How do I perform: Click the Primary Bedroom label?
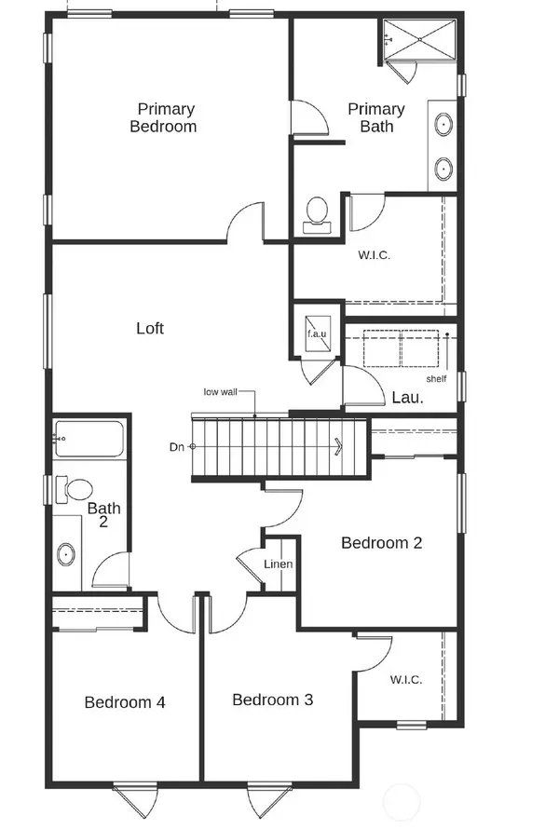pyautogui.click(x=163, y=117)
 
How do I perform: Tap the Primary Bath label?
pyautogui.click(x=376, y=117)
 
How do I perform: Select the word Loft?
pyautogui.click(x=150, y=328)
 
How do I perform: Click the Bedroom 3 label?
pyautogui.click(x=272, y=700)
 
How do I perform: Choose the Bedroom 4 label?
pyautogui.click(x=125, y=702)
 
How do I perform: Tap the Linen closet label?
pyautogui.click(x=279, y=564)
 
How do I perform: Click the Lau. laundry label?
pyautogui.click(x=407, y=397)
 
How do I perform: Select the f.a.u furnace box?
pyautogui.click(x=317, y=332)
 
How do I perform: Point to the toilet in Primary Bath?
pyautogui.click(x=317, y=213)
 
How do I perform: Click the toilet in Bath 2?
pyautogui.click(x=75, y=488)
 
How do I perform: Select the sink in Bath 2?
pyautogui.click(x=67, y=555)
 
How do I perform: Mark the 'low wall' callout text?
pyautogui.click(x=220, y=392)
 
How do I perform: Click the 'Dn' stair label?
pyautogui.click(x=176, y=447)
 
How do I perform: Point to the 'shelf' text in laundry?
pyautogui.click(x=436, y=379)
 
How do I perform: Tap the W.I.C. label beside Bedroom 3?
pyautogui.click(x=405, y=679)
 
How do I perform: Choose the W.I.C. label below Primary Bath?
pyautogui.click(x=373, y=253)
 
